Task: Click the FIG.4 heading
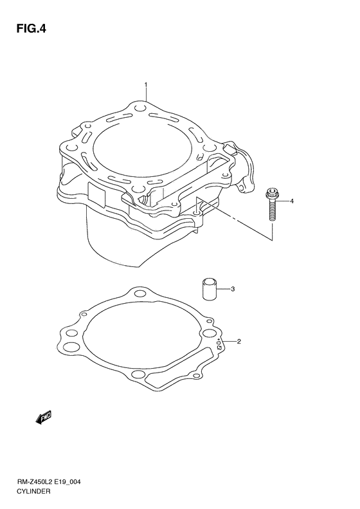click(x=32, y=29)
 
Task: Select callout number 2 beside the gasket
click(x=239, y=341)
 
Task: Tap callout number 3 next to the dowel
click(x=233, y=288)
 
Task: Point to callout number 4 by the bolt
click(x=292, y=201)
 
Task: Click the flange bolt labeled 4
click(x=270, y=204)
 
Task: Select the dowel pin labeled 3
click(x=210, y=288)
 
